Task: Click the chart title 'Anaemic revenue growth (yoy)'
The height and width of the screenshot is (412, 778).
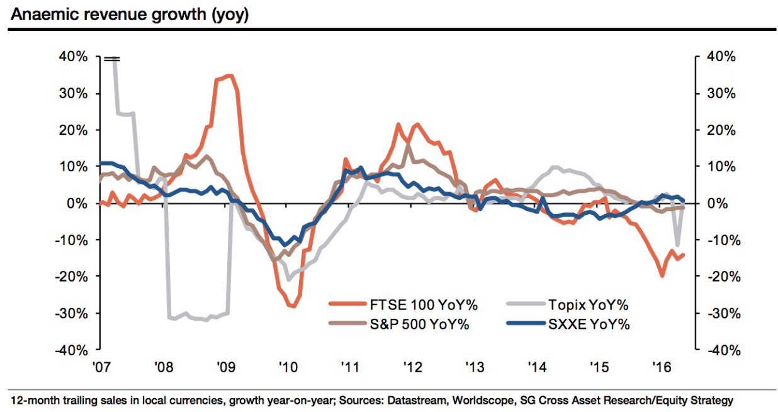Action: [129, 14]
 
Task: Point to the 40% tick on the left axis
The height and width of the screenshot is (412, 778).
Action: [74, 57]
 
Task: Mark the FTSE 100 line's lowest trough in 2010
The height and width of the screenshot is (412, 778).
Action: [291, 306]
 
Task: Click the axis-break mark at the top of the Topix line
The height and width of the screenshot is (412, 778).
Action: [112, 59]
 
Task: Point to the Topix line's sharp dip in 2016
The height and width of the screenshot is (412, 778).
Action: [677, 245]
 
